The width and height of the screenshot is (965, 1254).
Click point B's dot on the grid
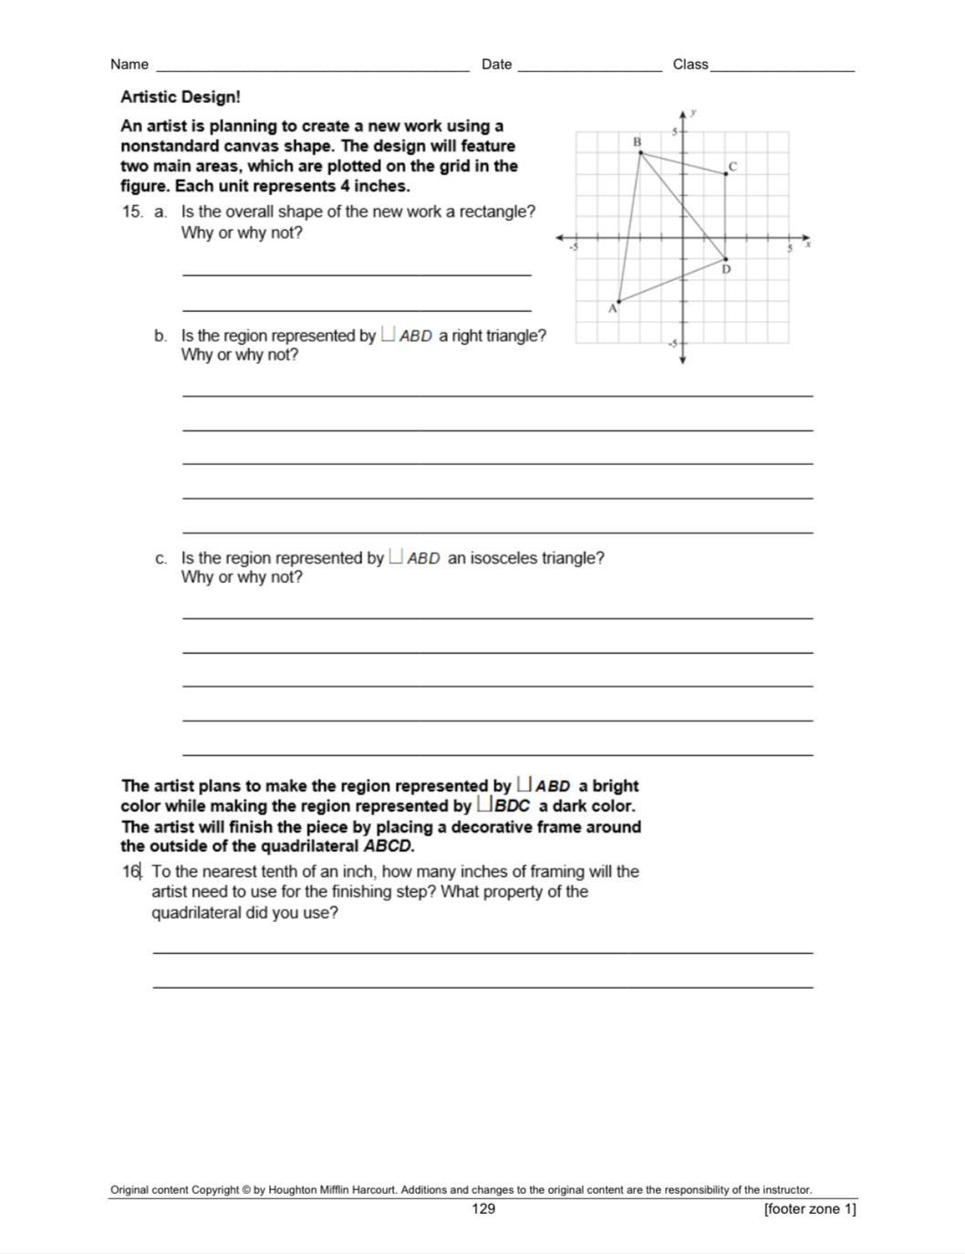coord(640,152)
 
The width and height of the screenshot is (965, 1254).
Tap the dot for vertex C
coord(726,173)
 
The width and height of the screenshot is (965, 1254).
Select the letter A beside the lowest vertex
coord(613,309)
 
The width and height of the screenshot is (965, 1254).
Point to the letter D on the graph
coord(727,270)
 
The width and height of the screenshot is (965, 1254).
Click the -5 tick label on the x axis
coord(574,246)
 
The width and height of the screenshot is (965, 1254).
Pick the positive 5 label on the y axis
coord(675,132)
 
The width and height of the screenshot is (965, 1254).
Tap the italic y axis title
coord(694,112)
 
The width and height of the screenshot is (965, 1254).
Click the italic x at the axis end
coord(808,244)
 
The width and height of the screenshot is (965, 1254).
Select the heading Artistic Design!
coord(181,97)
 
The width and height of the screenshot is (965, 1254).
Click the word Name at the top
coord(130,64)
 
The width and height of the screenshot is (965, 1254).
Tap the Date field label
coord(496,64)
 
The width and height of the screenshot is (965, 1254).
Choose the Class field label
coord(690,64)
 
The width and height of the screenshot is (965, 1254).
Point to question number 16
coord(131,871)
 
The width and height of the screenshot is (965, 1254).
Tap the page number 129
coord(483,1208)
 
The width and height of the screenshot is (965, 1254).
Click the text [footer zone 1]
coord(810,1208)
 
